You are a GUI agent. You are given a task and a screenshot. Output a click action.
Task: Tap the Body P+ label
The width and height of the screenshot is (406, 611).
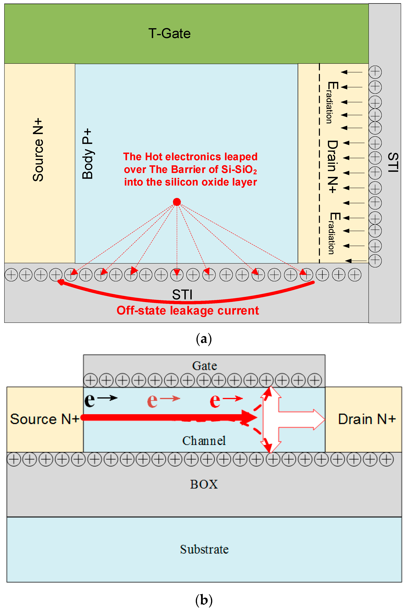(x=87, y=153)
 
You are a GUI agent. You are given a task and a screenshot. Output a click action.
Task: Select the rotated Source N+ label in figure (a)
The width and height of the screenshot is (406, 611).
(x=38, y=150)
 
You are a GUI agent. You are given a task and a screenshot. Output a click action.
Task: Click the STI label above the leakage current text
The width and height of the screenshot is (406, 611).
(x=182, y=295)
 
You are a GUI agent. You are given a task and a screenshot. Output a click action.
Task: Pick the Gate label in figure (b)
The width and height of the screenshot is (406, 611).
(x=204, y=366)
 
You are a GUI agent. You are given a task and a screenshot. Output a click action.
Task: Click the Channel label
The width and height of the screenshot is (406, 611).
(x=204, y=441)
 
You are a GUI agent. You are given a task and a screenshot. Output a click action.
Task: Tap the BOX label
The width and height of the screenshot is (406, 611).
(x=204, y=484)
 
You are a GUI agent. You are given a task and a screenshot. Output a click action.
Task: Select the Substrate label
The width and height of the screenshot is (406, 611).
(x=204, y=549)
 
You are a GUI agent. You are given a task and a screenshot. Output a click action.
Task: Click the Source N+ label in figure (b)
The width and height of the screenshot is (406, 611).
(x=44, y=419)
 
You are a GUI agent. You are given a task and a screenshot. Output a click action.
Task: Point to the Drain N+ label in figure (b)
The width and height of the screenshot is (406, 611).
(x=367, y=419)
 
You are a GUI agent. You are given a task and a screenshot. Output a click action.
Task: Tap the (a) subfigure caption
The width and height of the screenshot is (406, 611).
(x=204, y=339)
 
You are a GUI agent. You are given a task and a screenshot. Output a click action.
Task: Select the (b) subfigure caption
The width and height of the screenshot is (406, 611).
(x=204, y=600)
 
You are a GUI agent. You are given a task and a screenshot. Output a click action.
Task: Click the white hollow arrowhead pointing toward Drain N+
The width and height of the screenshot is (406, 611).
(x=319, y=419)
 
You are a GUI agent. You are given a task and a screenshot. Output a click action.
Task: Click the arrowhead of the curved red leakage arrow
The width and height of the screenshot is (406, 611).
(x=60, y=282)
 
